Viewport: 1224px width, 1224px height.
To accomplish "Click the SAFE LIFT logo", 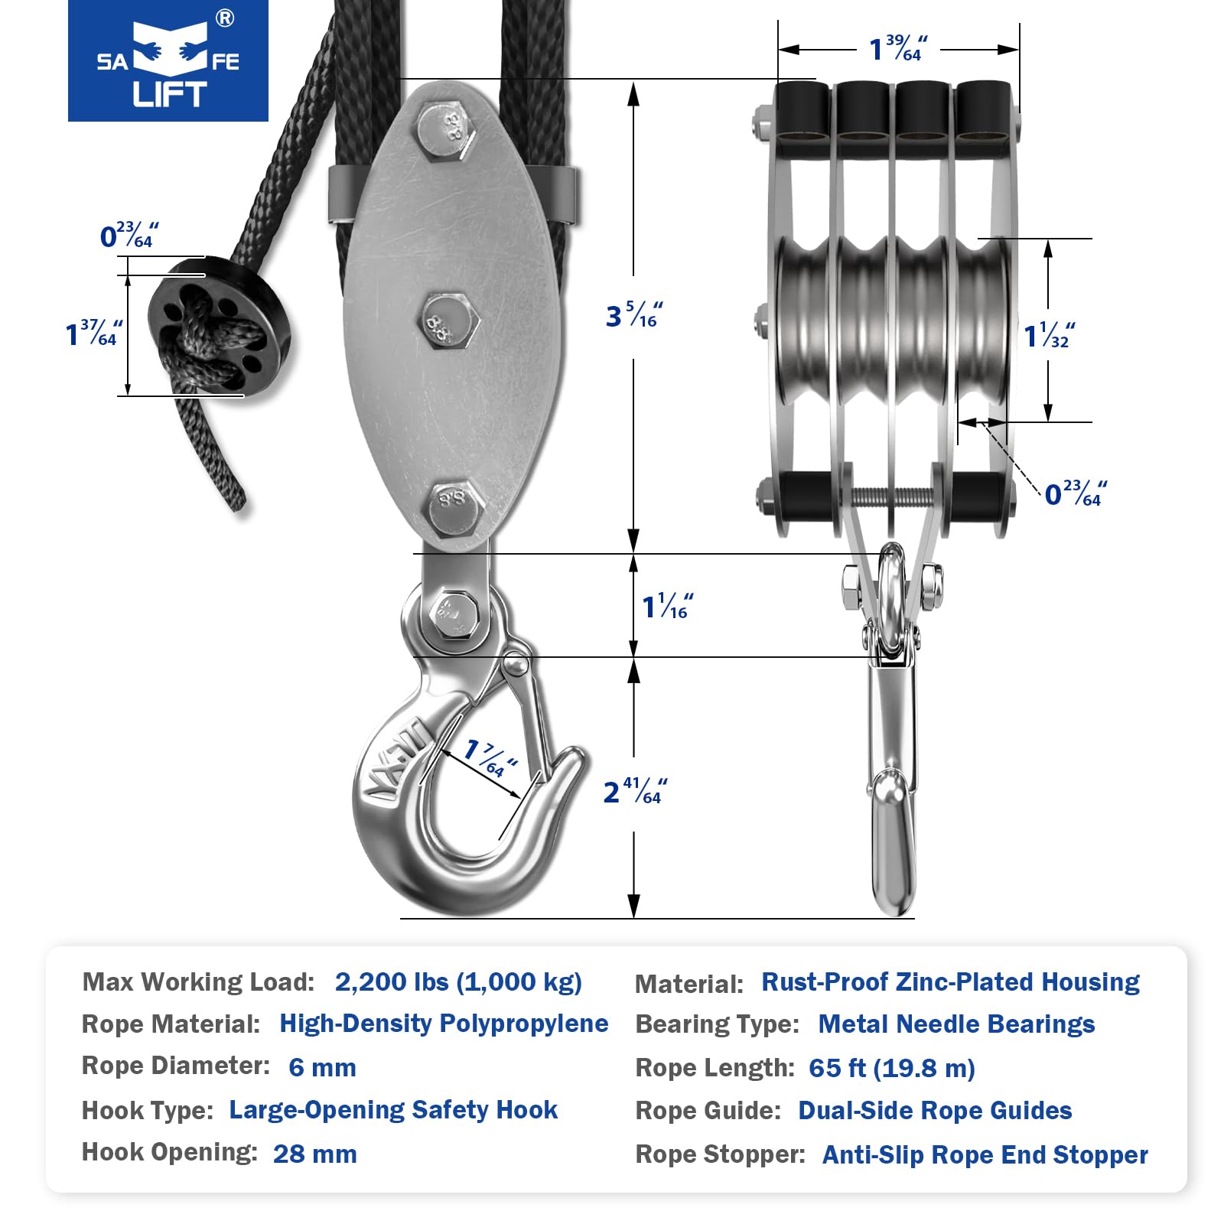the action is [168, 60].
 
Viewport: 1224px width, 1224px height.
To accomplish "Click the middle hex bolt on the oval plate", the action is [451, 321].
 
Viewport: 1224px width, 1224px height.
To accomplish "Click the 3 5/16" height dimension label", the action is [634, 314].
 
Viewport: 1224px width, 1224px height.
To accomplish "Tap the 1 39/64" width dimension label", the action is [899, 48].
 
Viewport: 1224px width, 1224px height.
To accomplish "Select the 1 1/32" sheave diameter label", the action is [1050, 335].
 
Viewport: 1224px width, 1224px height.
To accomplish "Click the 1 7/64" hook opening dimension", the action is [491, 758].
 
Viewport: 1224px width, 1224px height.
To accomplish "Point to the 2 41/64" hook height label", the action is [636, 792].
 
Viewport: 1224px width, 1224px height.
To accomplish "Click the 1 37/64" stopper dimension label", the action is [94, 334].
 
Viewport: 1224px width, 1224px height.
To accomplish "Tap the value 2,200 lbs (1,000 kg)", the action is [458, 982].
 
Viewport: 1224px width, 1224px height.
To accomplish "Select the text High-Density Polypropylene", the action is [444, 1024].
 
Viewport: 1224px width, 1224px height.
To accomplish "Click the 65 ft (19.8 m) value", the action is [892, 1068].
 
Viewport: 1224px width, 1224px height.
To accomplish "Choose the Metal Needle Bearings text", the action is [956, 1024].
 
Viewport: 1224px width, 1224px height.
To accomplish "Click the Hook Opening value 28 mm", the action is [315, 1154].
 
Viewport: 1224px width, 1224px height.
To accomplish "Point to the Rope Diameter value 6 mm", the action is [322, 1067].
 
